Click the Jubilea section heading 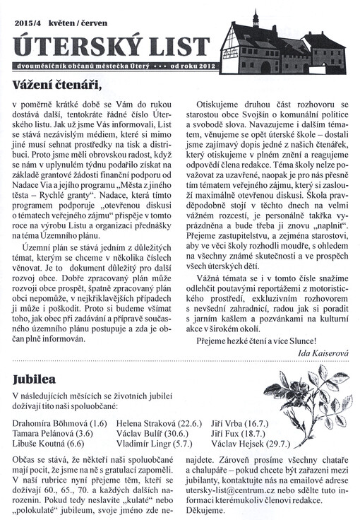(34, 379)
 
